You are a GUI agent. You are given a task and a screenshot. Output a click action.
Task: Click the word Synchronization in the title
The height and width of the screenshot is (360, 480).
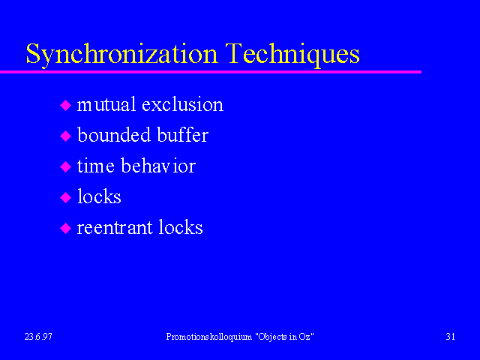point(121,55)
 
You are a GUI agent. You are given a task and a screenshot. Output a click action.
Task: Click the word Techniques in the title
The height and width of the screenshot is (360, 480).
point(292,55)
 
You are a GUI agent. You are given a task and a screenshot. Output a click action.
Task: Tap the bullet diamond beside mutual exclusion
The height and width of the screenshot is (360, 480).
point(65,105)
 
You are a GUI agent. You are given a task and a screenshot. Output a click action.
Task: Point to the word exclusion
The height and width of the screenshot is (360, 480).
point(183,104)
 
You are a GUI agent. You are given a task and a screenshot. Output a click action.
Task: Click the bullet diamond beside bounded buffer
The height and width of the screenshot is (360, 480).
point(65,136)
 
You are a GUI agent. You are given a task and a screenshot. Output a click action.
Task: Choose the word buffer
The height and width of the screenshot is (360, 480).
point(183,135)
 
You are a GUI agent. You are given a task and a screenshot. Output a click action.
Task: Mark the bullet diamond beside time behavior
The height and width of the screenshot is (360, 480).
point(65,166)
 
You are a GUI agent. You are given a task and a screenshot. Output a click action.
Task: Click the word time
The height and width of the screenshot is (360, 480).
point(96,166)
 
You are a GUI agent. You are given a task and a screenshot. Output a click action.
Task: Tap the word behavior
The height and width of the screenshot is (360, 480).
point(158,166)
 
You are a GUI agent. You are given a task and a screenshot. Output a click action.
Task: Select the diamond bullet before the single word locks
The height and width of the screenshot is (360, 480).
point(65,197)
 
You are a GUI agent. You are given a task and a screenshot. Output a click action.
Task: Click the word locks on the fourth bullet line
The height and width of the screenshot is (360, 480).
point(99,196)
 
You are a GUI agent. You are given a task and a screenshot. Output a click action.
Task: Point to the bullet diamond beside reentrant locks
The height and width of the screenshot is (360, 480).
point(65,228)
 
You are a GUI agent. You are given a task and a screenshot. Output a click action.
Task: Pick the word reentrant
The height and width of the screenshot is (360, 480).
point(115,227)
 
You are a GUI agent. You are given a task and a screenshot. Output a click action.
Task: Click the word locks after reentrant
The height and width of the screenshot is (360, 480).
point(181,226)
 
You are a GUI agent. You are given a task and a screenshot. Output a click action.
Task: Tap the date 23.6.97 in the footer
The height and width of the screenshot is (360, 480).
point(38,337)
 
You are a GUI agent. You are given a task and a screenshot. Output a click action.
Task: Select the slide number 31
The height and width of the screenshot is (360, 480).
point(450,337)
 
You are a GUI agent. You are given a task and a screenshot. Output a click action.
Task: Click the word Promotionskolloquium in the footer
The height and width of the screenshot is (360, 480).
point(209,337)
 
